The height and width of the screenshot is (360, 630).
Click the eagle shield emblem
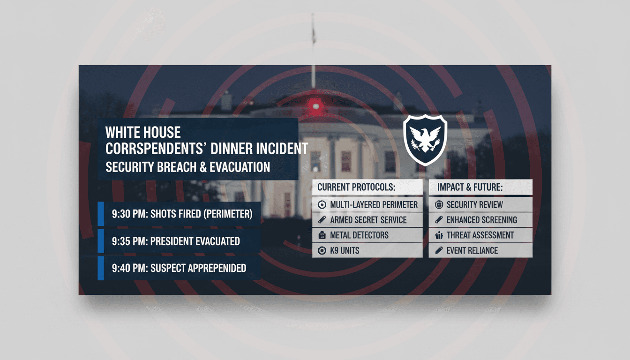(425, 140)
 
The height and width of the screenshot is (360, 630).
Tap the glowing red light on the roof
(315, 106)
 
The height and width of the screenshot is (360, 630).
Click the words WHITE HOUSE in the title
(143, 132)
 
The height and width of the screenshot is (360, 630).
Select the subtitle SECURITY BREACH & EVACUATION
(187, 167)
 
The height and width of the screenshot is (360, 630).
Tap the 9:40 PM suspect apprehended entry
(179, 268)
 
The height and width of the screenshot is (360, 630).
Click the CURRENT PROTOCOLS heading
(356, 187)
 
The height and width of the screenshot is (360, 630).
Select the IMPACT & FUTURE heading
(470, 187)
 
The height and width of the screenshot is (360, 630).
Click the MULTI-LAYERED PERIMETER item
(367, 205)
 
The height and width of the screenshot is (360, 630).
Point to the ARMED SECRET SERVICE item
(367, 220)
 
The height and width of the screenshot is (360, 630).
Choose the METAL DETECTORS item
(367, 235)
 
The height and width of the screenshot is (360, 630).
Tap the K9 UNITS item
(367, 250)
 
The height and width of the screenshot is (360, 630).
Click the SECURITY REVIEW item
(480, 205)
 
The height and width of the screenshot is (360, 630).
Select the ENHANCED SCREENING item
(480, 220)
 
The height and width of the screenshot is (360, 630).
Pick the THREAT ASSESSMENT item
(480, 235)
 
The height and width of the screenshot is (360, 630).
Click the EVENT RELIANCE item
(480, 250)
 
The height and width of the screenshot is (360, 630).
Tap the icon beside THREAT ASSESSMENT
(439, 235)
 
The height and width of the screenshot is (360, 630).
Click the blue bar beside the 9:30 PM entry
(101, 214)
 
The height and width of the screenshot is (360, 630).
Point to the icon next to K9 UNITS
(322, 250)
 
